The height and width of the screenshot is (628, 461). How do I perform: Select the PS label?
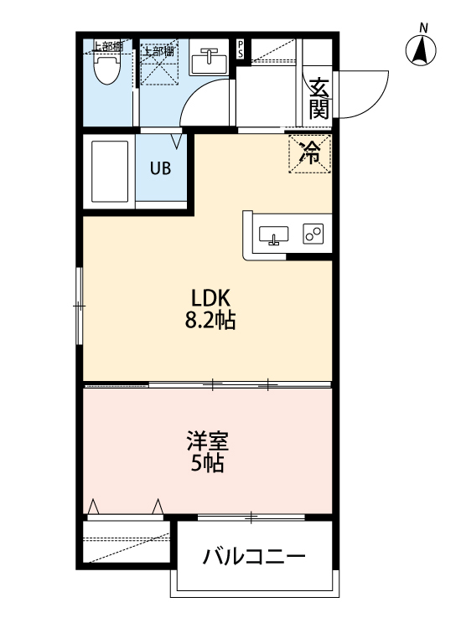coord(241,47)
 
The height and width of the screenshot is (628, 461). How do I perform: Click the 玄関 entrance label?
coord(319,97)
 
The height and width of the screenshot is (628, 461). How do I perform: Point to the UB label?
coord(160,167)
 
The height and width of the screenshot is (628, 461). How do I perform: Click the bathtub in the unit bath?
coord(110,171)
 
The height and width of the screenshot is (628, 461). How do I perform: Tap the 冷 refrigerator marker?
coord(310,153)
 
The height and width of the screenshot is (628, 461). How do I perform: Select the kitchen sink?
coord(274,234)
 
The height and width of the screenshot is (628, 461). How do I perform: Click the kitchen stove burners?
coord(313,234)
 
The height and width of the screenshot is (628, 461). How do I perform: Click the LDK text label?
coord(210,297)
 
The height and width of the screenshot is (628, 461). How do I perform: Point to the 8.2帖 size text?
coord(210,320)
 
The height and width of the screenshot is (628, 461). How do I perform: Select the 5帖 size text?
coord(207,464)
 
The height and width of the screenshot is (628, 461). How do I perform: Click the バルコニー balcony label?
coord(253,556)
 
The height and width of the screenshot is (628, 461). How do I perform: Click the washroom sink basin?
coord(209,60)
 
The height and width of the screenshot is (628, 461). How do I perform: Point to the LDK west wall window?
coord(80,306)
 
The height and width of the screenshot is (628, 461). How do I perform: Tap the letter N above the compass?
coord(423,28)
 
